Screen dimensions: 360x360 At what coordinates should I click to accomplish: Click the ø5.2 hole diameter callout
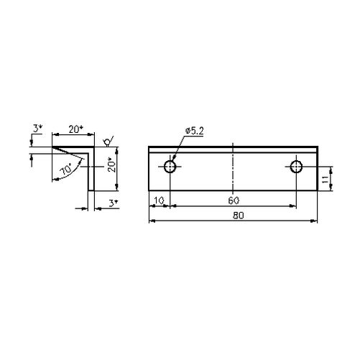coord(194,131)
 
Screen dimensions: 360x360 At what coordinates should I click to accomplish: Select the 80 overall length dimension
coord(239,216)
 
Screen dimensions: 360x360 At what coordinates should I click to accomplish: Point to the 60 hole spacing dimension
coord(234,200)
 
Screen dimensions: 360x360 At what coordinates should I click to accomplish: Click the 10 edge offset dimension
coord(159,200)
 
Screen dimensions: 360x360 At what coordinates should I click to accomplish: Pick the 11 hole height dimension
coord(325,179)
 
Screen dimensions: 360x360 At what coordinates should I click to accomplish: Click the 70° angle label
coord(66,169)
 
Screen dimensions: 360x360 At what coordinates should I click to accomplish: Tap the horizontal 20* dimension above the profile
coord(75,129)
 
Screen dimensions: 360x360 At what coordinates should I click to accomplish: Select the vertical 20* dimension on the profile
coord(112,165)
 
